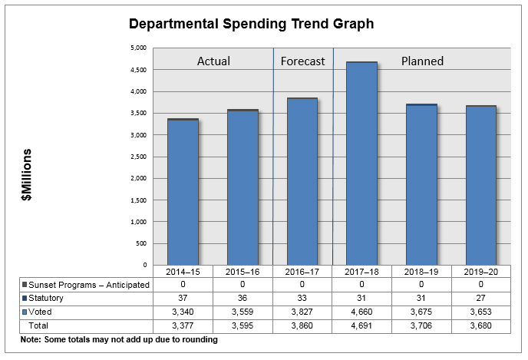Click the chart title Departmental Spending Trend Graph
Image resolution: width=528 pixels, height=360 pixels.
(251, 24)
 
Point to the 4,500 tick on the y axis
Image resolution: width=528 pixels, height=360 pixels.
(140, 70)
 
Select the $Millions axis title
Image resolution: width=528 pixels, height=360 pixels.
(27, 175)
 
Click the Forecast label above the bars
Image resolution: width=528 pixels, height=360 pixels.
(302, 61)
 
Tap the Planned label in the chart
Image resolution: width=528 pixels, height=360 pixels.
(422, 61)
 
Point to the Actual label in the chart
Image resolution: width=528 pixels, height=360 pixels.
(213, 61)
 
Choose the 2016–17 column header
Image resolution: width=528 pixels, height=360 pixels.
(302, 272)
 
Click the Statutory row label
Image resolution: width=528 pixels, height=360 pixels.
(47, 298)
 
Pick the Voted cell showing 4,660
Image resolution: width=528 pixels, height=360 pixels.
(361, 312)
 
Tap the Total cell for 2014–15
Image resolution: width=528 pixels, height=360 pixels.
(183, 326)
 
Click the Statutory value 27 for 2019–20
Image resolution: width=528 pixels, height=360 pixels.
(480, 299)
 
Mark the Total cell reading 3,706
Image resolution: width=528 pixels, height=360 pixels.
(421, 326)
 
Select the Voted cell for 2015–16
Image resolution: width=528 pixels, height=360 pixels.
(243, 312)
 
